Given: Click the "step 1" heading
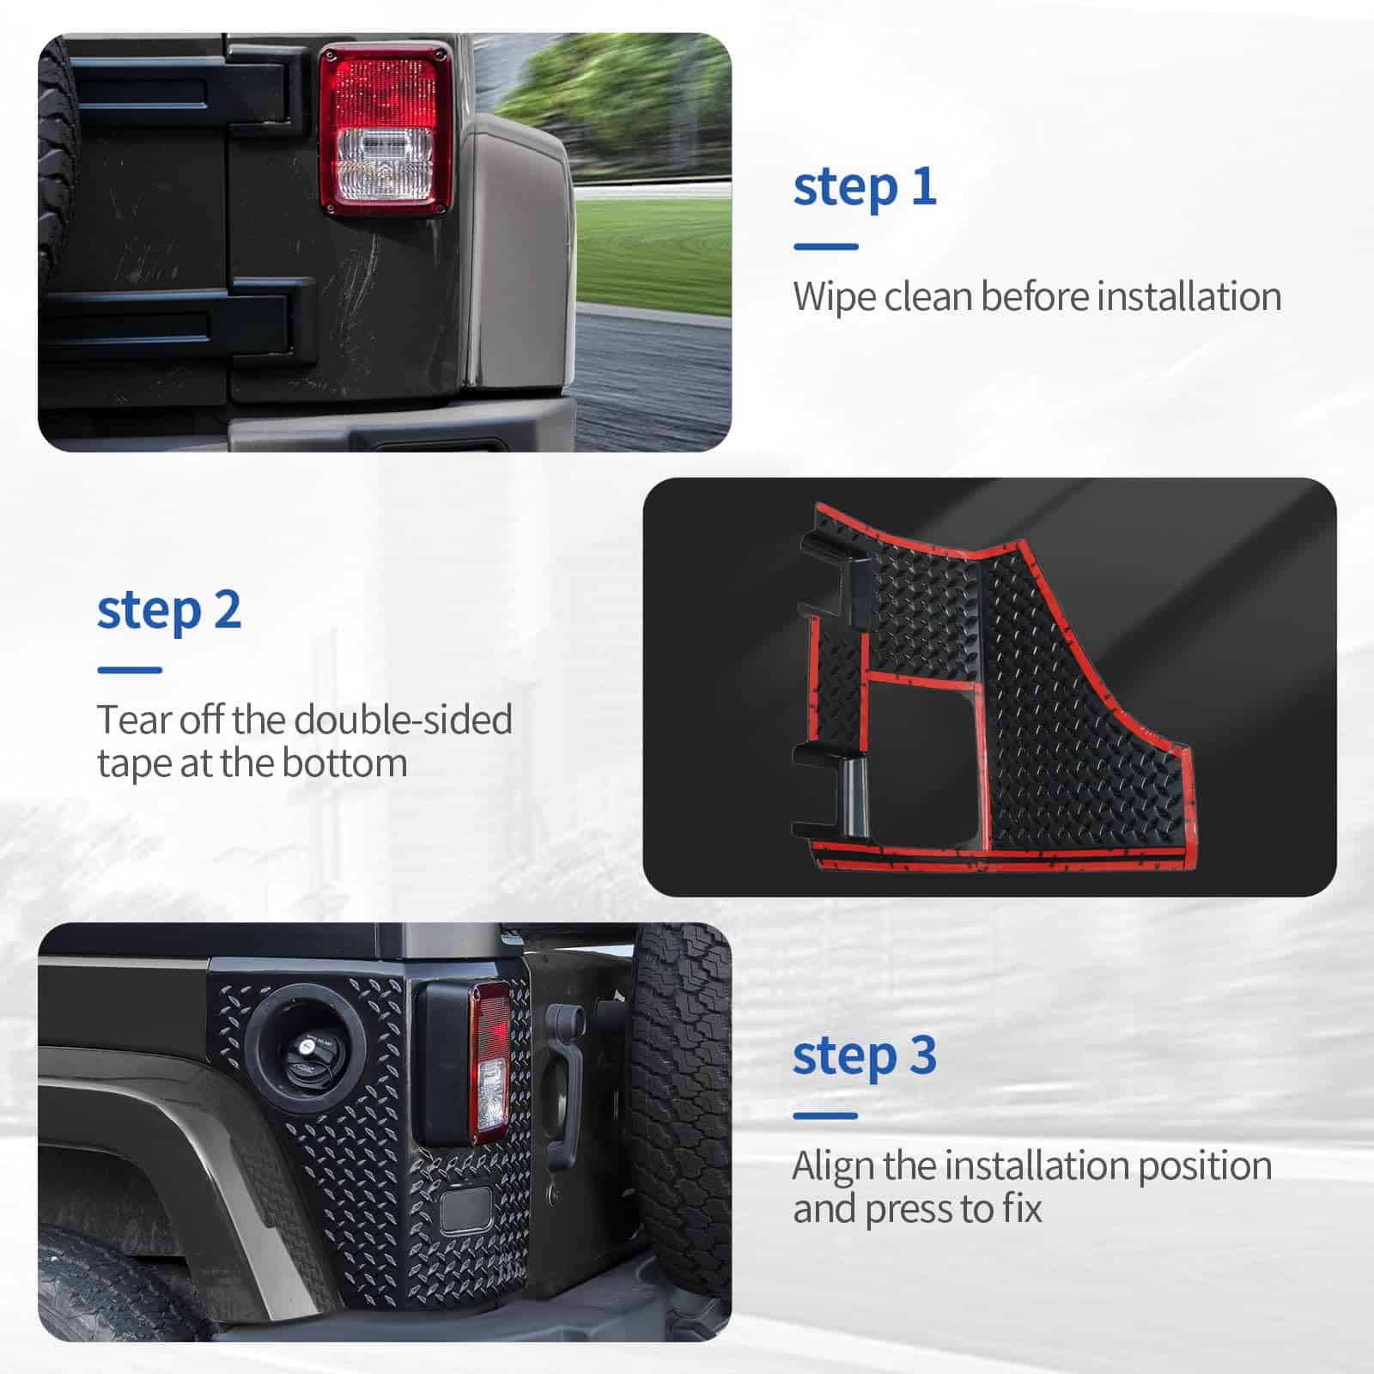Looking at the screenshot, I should pos(864,187).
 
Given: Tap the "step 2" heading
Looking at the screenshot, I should pos(168,611).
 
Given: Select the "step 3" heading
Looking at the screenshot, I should pos(864,1056).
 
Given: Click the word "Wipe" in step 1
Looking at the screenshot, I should pos(834,297).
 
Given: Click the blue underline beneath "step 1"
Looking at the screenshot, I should pos(825,246).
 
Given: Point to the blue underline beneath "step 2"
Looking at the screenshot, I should pos(130,671).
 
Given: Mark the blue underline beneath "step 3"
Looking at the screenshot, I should pos(825,1116).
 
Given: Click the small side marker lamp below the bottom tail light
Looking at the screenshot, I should pos(465,1208).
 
